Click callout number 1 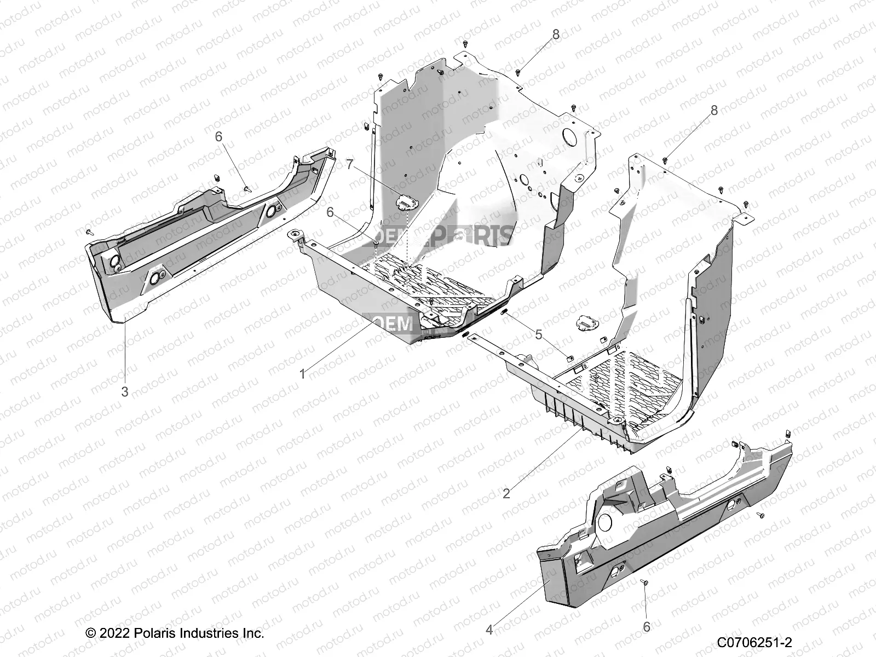pos(302,374)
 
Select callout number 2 pos(506,493)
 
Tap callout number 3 pos(125,391)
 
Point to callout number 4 pos(489,630)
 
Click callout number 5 pos(539,335)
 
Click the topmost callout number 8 pos(556,34)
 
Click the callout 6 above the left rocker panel pos(219,136)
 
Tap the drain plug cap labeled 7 pos(404,203)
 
